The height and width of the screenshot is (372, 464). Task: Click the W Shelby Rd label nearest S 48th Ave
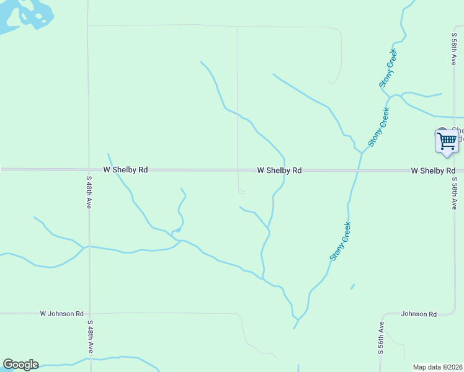pos(125,169)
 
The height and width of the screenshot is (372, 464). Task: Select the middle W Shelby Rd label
pos(279,170)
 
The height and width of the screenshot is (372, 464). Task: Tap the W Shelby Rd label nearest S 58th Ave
pos(433,170)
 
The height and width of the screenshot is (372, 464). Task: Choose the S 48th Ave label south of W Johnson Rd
pos(89,337)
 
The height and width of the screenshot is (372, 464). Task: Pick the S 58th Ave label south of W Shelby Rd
pos(454,193)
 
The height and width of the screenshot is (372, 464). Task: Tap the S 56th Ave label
pos(381,337)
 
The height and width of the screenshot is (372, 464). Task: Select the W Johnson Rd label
pos(61,314)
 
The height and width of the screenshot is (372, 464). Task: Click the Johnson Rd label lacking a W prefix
pos(419,314)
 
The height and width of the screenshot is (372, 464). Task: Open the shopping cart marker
pos(446,141)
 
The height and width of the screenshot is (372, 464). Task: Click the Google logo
pos(20,365)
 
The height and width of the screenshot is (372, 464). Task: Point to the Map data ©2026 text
pos(437,367)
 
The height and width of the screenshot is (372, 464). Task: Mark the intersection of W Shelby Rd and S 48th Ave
pos(88,169)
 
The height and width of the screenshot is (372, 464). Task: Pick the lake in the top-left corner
pos(25,14)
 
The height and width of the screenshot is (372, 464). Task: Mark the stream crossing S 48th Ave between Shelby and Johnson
pos(89,246)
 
